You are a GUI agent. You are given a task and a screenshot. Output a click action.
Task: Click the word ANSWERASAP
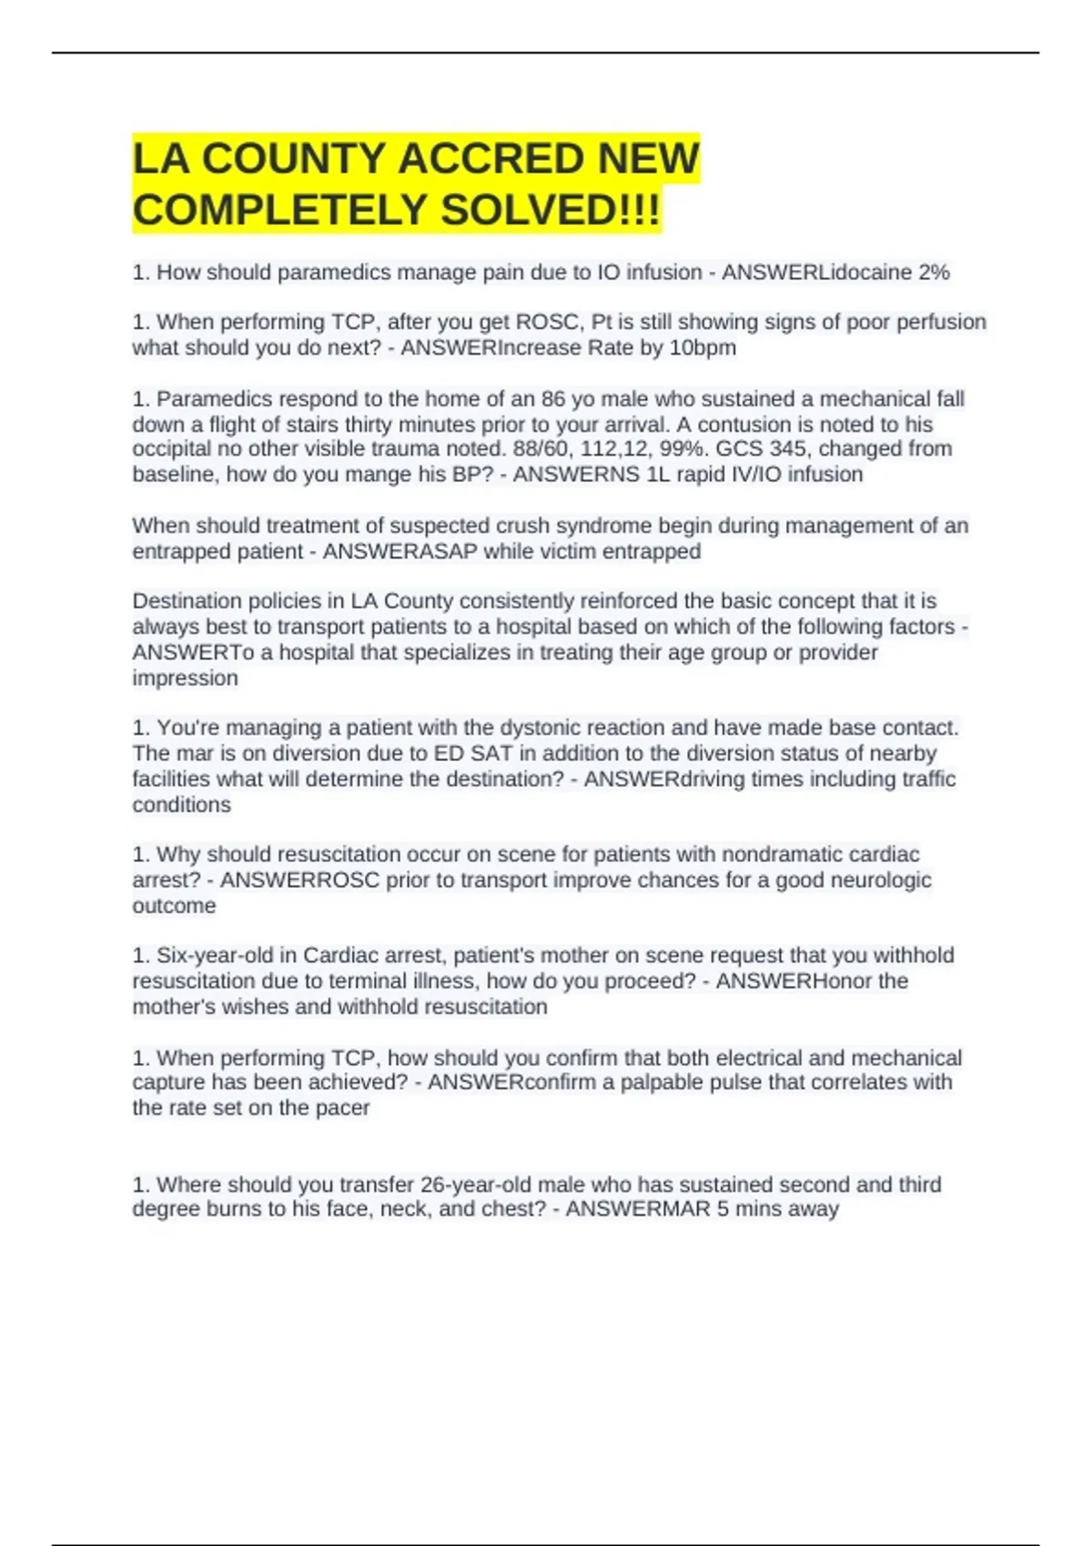coord(400,552)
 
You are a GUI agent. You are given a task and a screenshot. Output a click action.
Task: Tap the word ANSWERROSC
coord(300,880)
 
